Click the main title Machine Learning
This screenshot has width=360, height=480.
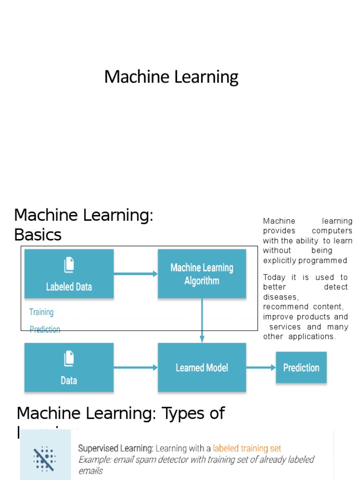coord(171,77)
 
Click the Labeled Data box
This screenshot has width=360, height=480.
coord(69,274)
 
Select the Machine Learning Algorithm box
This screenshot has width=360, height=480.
coord(202,274)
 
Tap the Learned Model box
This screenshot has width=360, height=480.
coord(202,367)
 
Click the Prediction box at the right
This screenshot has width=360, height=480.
coord(301,367)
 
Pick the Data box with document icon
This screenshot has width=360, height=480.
coord(69,367)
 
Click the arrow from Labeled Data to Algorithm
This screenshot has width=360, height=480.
coord(135,274)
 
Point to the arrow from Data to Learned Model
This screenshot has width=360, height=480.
coord(135,367)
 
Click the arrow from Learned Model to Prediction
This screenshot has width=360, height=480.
coord(261,367)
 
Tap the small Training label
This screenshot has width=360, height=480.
coord(41,312)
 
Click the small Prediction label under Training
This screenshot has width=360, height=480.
coord(45,330)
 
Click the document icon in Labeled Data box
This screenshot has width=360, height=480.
coord(69,265)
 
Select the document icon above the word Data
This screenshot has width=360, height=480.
coord(69,359)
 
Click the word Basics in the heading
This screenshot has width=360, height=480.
coord(38,234)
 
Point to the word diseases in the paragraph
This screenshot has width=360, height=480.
coord(280,297)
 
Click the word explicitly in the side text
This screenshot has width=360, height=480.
coord(279,260)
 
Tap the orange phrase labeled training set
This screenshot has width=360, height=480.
coord(247,449)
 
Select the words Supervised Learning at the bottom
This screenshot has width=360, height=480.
coord(115,449)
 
